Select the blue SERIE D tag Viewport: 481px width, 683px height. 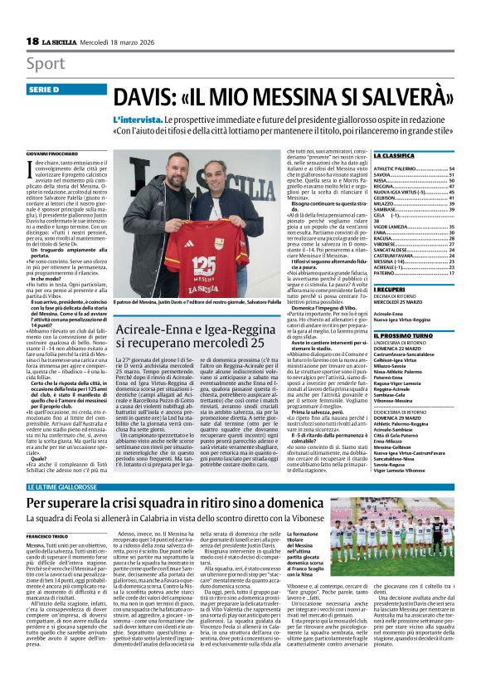point(48,90)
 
